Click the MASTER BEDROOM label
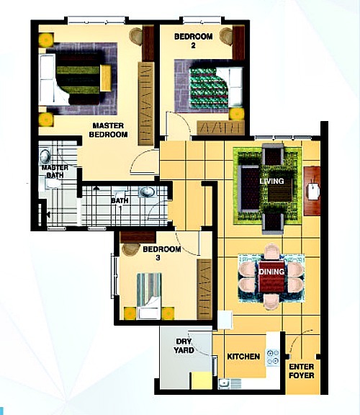coord(109,130)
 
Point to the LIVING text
coord(272,181)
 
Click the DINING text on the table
coord(272,271)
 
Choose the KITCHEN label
coord(243,357)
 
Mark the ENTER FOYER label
coord(301,371)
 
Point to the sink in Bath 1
coord(146,192)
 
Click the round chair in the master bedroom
coord(136,35)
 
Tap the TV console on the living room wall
coord(311,191)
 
